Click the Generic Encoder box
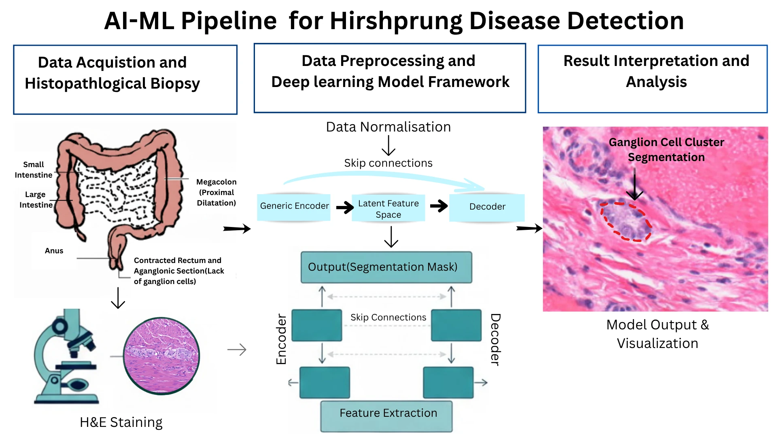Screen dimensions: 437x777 [x=294, y=206]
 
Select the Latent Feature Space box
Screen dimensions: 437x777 [x=388, y=209]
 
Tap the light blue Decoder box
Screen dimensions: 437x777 [x=487, y=207]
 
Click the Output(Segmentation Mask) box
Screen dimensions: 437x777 [x=386, y=267]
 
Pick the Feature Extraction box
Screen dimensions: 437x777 [x=386, y=415]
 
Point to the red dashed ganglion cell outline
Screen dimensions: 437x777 [x=626, y=221]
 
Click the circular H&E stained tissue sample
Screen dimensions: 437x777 [x=161, y=356]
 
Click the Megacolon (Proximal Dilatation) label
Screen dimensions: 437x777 [x=216, y=192]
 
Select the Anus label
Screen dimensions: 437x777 [x=54, y=251]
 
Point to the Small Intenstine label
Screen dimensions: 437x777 [x=34, y=170]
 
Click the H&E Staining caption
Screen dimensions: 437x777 [x=121, y=422]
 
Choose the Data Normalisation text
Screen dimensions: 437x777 [x=388, y=127]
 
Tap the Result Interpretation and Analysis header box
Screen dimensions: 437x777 [x=652, y=79]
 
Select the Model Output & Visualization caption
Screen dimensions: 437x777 [x=657, y=334]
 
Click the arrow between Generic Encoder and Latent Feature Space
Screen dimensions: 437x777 [x=345, y=208]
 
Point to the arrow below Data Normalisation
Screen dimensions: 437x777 [x=388, y=146]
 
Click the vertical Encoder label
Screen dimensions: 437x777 [x=281, y=339]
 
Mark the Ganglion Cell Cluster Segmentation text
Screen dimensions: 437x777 [x=666, y=150]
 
